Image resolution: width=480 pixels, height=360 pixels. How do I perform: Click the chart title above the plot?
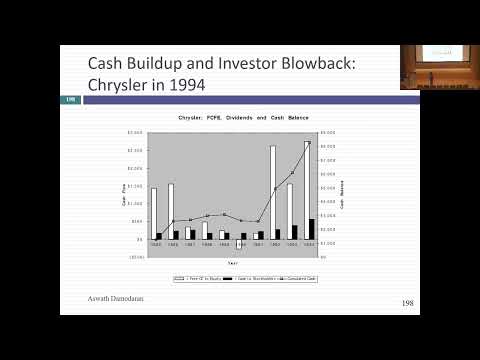pyautogui.click(x=232, y=118)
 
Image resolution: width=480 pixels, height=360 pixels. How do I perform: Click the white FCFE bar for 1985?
pyautogui.click(x=153, y=213)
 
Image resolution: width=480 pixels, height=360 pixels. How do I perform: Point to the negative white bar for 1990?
pyautogui.click(x=238, y=243)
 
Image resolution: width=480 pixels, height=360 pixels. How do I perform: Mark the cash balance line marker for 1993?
pyautogui.click(x=292, y=172)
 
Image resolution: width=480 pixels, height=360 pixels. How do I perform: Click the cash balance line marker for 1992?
pyautogui.click(x=275, y=189)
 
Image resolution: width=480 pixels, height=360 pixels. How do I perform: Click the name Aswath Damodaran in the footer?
pyautogui.click(x=103, y=300)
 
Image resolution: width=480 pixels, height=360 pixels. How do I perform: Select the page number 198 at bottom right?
pyautogui.click(x=407, y=302)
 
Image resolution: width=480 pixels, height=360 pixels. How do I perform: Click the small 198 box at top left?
pyautogui.click(x=71, y=99)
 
